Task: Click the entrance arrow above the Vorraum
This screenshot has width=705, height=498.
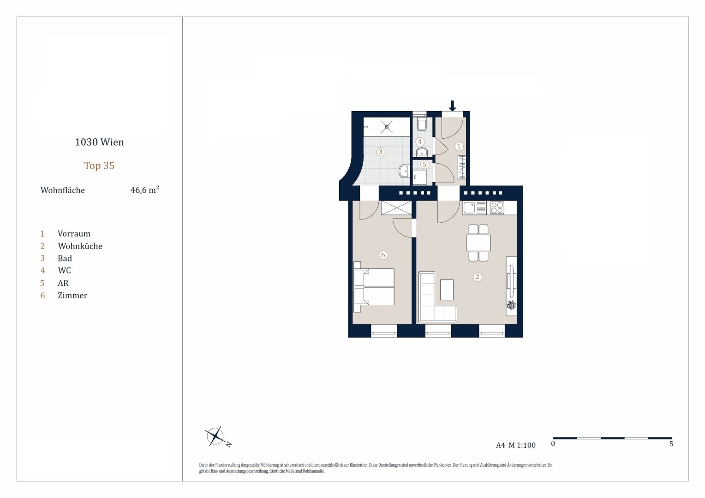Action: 452,106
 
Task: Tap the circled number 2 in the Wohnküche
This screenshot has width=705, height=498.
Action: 477,277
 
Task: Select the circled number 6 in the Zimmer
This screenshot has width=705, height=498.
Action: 383,255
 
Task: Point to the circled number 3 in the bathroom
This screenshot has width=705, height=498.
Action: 381,152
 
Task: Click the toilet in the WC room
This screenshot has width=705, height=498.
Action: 421,124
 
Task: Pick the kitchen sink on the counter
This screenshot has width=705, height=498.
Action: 469,208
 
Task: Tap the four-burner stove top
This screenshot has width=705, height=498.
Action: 497,208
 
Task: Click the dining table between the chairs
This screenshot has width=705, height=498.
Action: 478,243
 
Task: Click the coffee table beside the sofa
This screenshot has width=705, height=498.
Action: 447,290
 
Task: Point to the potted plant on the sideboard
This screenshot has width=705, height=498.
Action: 511,304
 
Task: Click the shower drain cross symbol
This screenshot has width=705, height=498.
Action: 387,127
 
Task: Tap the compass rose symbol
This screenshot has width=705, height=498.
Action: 215,436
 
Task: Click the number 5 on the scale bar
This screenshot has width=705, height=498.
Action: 671,444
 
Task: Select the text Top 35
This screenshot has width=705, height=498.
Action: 100,166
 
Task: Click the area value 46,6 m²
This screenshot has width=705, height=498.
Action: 145,190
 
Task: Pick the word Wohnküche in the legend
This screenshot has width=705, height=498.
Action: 80,246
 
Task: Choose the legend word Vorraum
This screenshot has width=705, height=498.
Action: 74,234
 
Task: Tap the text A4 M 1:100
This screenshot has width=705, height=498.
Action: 516,445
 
